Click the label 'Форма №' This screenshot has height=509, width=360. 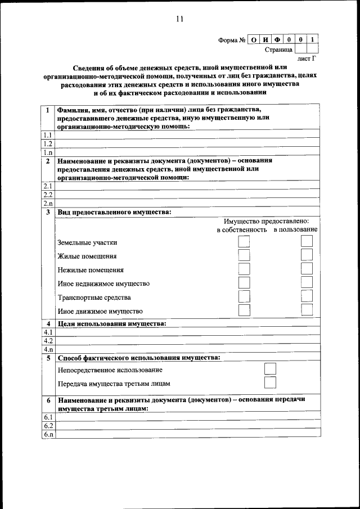[x=232, y=40]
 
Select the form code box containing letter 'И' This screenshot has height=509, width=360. [x=265, y=40]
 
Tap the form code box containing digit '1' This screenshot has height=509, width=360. [x=313, y=40]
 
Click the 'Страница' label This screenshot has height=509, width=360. [x=278, y=50]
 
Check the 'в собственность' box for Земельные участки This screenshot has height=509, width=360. [x=244, y=242]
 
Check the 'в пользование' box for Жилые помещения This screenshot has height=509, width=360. [x=307, y=255]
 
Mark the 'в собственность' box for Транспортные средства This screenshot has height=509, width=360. [x=244, y=296]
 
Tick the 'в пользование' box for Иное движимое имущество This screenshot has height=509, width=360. [x=307, y=310]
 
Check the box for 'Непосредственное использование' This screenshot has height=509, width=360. [x=271, y=369]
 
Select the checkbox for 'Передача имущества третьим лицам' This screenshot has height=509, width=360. [x=271, y=383]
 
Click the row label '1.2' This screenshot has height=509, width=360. [x=48, y=143]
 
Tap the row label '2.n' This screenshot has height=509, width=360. [x=48, y=203]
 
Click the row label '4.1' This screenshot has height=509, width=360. [x=48, y=332]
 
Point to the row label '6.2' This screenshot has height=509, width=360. [x=48, y=426]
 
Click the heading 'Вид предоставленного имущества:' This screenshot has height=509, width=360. [x=115, y=212]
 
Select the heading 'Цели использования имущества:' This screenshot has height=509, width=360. [x=112, y=323]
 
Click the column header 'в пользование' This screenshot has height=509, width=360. [x=296, y=229]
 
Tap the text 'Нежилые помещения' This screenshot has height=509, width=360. [x=91, y=270]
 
